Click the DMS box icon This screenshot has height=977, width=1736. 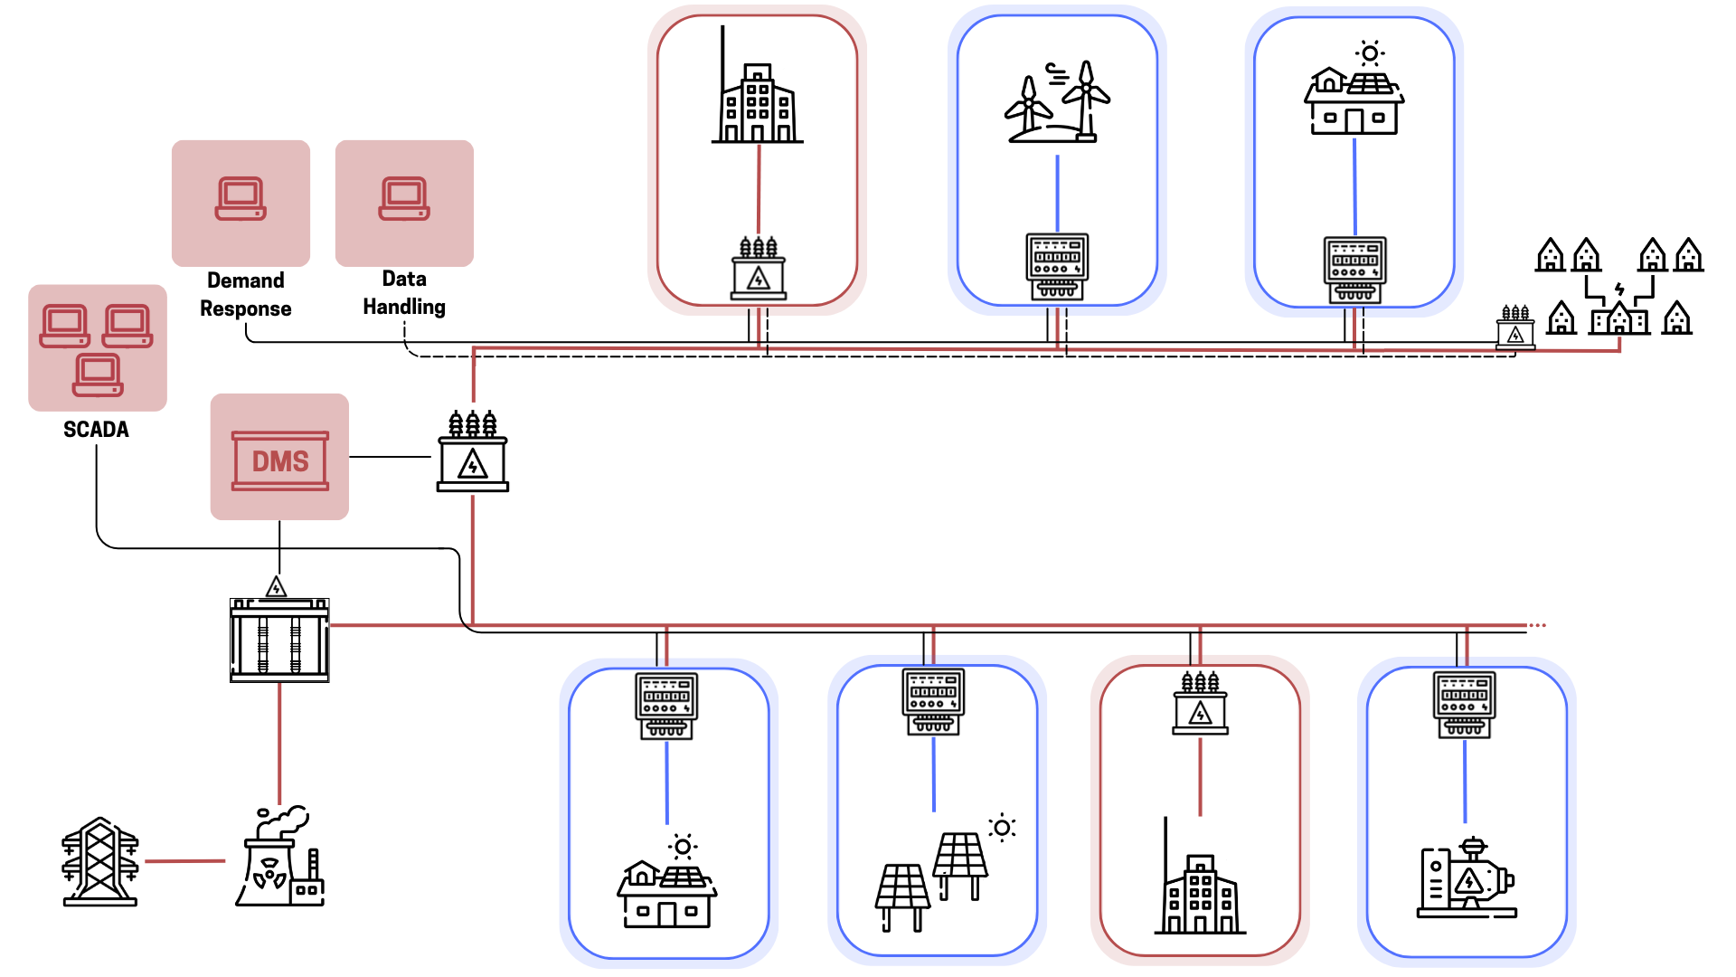point(280,460)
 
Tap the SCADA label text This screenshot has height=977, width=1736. point(96,430)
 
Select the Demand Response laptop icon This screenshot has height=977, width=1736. point(241,198)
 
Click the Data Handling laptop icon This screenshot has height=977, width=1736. point(404,198)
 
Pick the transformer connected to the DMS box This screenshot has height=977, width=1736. point(473,452)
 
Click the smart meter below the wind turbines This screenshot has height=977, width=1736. point(1057,266)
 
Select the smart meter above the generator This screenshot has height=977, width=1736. point(1465,705)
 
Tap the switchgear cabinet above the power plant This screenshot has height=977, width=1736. point(279,639)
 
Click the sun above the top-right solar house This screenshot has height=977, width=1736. point(1370,53)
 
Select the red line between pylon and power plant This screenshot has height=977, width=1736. point(184,861)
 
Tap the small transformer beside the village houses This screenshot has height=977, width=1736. point(1515,327)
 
